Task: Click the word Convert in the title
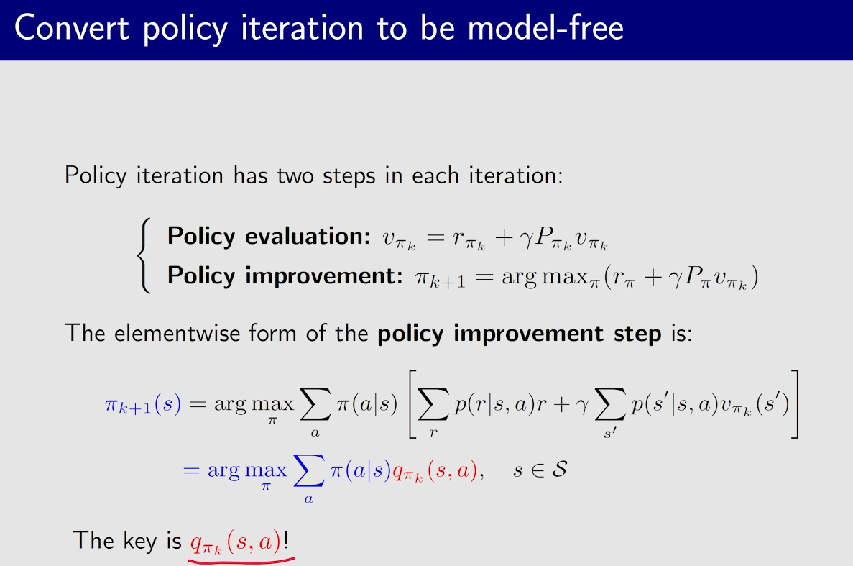coord(72,27)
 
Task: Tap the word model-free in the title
coord(545,27)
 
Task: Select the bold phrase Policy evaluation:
coord(269,237)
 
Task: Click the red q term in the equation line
coord(435,471)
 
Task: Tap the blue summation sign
coord(308,470)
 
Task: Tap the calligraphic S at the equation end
coord(559,469)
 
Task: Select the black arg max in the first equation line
coord(254,405)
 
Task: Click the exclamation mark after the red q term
coord(286,540)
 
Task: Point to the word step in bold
coord(637,334)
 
